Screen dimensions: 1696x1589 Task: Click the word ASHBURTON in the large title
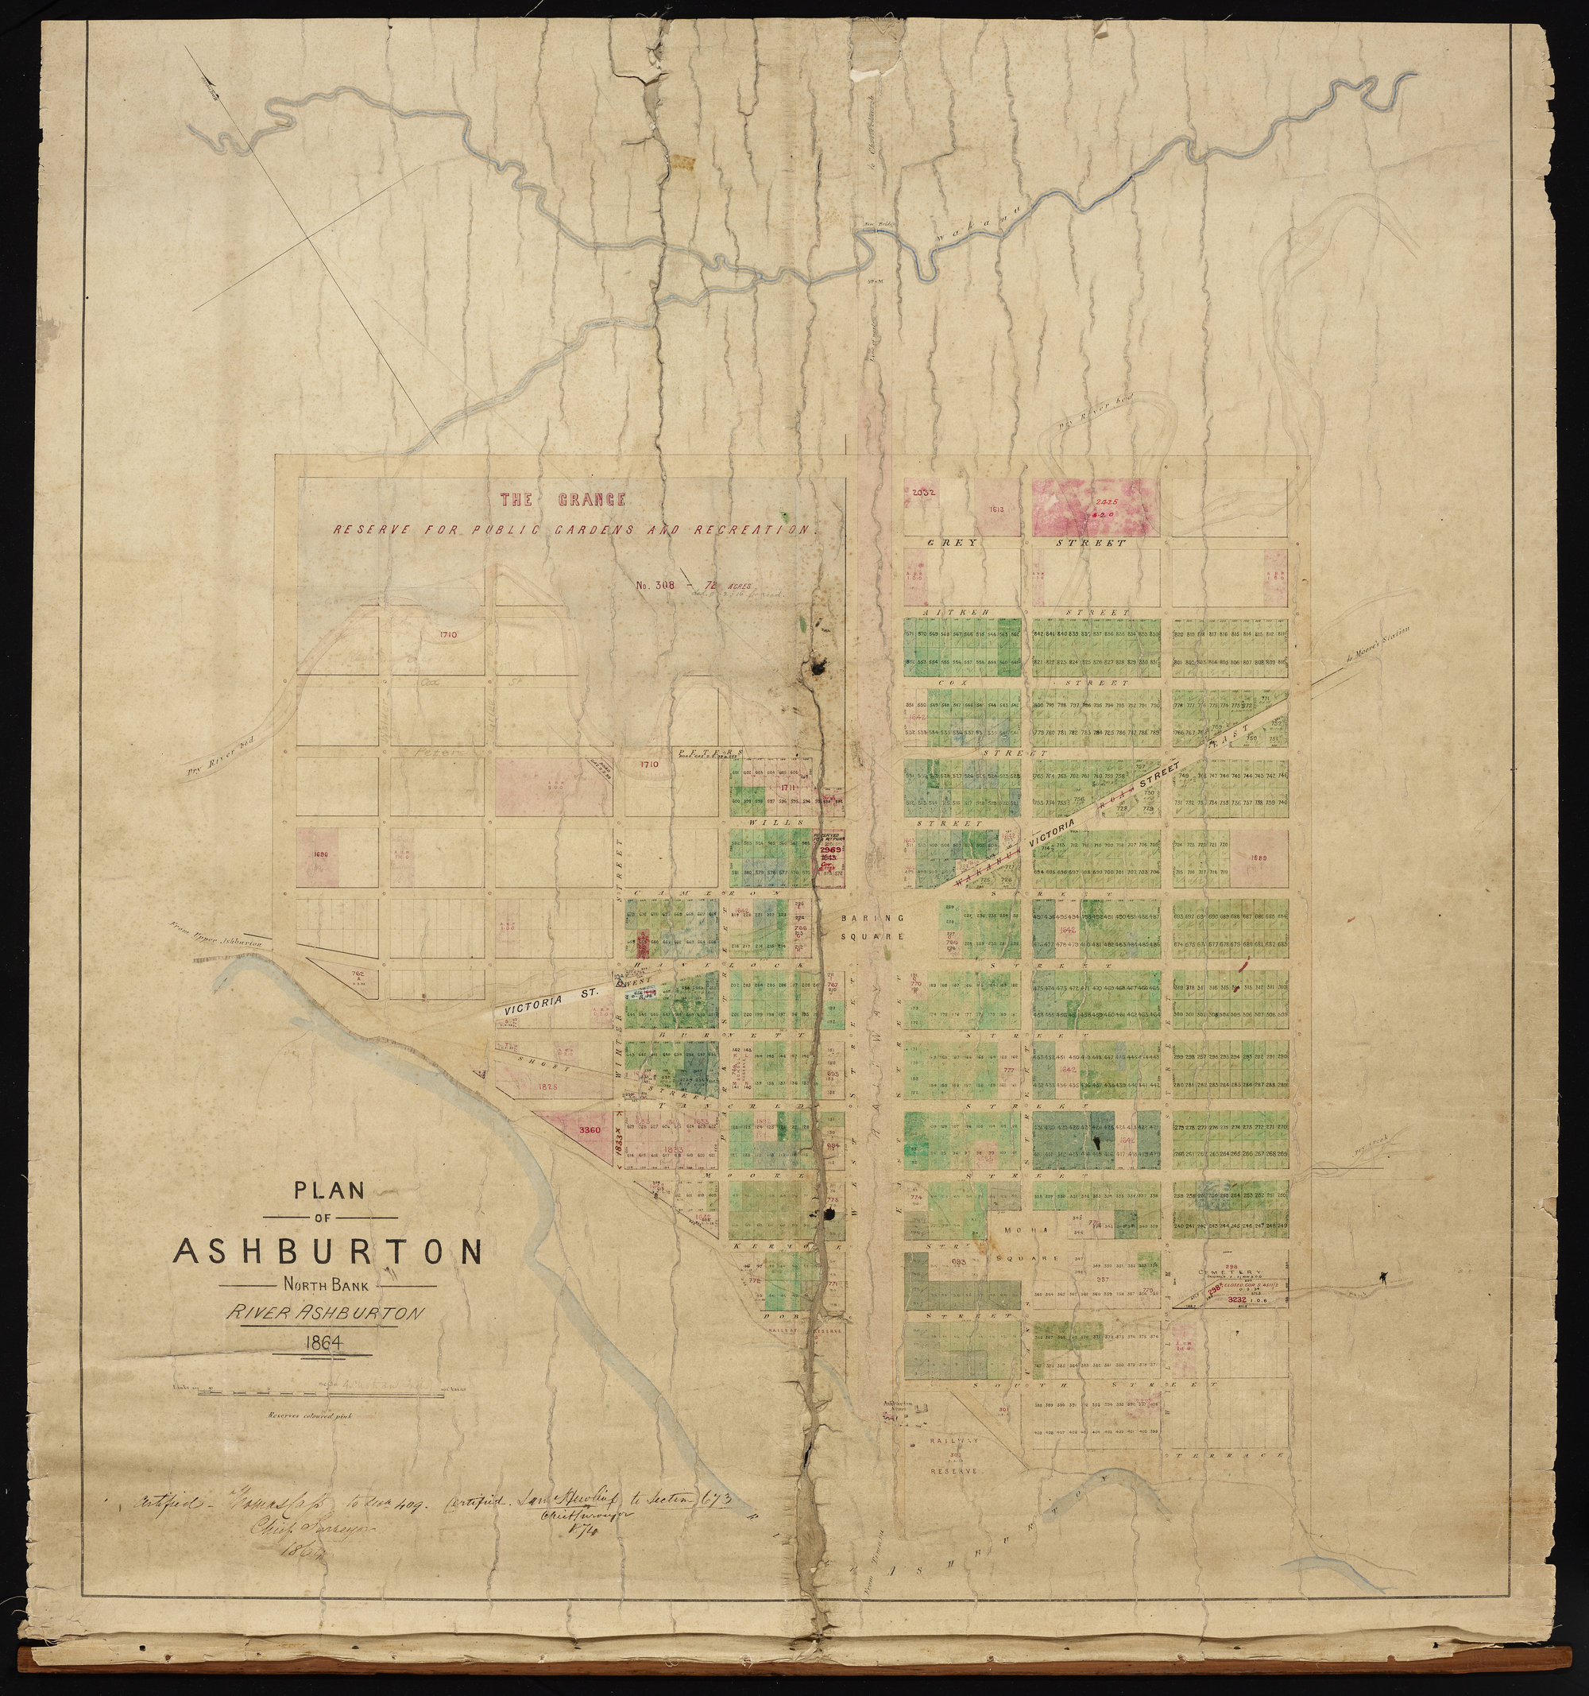[x=328, y=1252]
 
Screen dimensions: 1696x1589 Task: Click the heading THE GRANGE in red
[x=563, y=500]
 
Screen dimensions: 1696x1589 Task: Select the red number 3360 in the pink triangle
[x=590, y=1130]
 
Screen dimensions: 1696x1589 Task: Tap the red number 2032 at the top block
[x=924, y=492]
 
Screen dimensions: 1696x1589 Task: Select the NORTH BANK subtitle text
[x=328, y=1286]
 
